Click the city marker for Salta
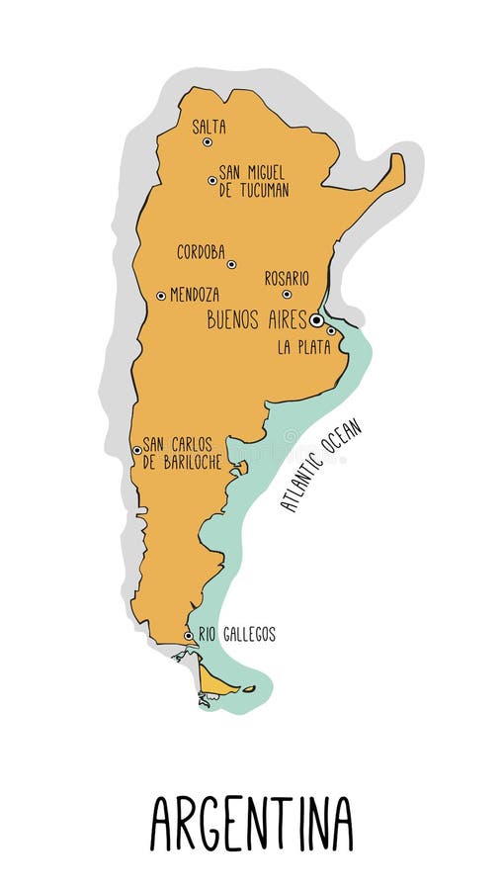[x=208, y=142]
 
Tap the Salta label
[x=209, y=127]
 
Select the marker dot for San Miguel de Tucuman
[x=212, y=181]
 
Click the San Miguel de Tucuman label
[x=254, y=181]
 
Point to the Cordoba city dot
[x=231, y=264]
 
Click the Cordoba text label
[x=201, y=252]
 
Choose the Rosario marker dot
[x=287, y=294]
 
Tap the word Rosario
[x=287, y=279]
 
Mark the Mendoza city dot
[x=161, y=296]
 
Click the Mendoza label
[x=195, y=295]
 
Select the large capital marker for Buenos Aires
[x=316, y=320]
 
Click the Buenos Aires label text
[x=256, y=320]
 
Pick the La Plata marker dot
[x=331, y=331]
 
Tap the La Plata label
[x=303, y=347]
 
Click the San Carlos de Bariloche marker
[x=137, y=451]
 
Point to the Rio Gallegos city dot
[x=189, y=636]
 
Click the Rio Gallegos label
[x=236, y=635]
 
